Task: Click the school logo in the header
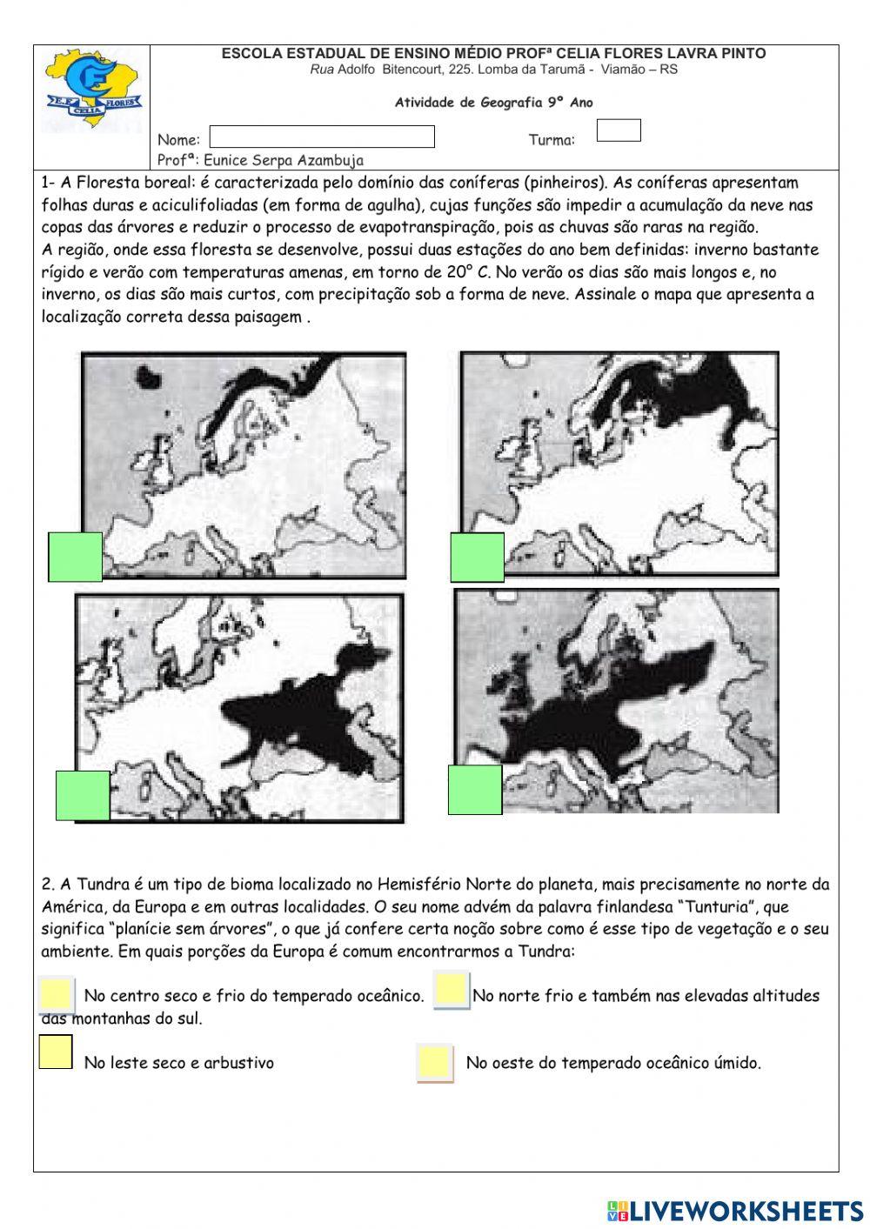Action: coord(92,91)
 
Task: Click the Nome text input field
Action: coord(322,137)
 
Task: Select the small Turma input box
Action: coord(619,130)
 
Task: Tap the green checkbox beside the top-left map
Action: coord(76,557)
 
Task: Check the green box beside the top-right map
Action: coord(477,558)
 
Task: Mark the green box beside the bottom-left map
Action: coord(83,795)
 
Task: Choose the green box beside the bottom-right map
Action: coord(475,790)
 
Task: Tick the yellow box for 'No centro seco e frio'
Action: coord(56,994)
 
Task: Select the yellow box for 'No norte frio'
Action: coord(452,990)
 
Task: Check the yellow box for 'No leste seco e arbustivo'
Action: coord(56,1052)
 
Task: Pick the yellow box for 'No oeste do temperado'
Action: coord(434,1063)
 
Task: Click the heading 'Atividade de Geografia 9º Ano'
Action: coord(493,103)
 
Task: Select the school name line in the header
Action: coord(493,54)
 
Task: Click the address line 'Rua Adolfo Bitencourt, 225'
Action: coord(493,70)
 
